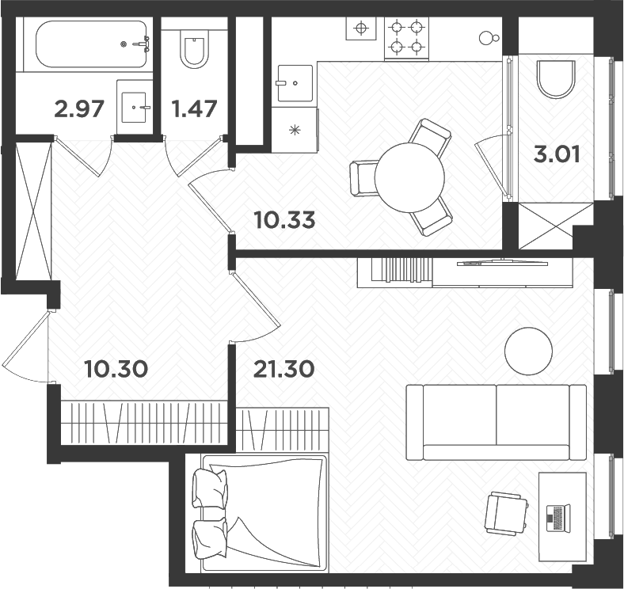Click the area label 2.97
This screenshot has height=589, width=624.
pos(79,108)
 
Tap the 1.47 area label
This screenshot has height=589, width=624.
pos(194,108)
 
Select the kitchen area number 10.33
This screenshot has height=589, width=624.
pos(284,219)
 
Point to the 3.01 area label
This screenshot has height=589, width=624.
pos(557,154)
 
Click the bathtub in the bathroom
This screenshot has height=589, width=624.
pos(83,44)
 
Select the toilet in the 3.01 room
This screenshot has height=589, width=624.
pos(555,78)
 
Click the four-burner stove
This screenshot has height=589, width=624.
pos(406,37)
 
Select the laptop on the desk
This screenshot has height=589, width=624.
pos(558,519)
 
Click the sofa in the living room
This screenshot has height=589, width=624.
pos(497,422)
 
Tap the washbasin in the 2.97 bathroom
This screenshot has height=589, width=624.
pos(137,105)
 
